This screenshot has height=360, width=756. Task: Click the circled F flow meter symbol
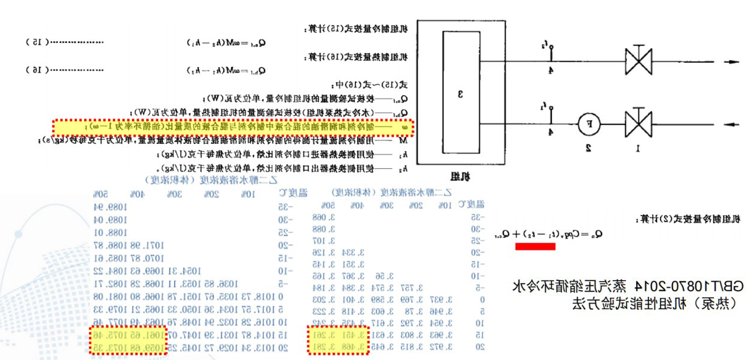pyautogui.click(x=590, y=125)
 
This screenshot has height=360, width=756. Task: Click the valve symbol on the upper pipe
pyautogui.click(x=638, y=60)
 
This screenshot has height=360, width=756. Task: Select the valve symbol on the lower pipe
pyautogui.click(x=638, y=125)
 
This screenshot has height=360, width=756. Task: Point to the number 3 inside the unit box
pyautogui.click(x=460, y=94)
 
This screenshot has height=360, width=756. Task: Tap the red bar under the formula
pyautogui.click(x=535, y=246)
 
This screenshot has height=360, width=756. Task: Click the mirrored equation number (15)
pyautogui.click(x=36, y=42)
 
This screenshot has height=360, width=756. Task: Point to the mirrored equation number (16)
pyautogui.click(x=36, y=70)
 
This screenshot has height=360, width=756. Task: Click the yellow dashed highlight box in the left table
pyautogui.click(x=129, y=341)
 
